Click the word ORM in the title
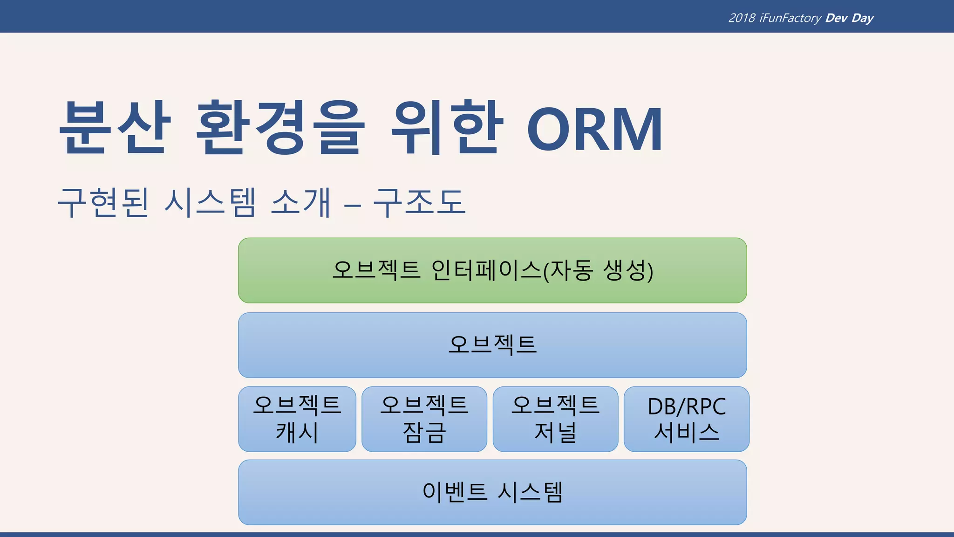594,129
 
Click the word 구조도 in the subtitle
419,203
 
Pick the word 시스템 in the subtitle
210,203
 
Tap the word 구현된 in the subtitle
103,203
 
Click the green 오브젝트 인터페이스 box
492,270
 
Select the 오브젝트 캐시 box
297,419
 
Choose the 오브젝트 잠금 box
424,419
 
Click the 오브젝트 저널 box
555,419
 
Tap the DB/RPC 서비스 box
687,419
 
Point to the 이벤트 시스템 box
492,492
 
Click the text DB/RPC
687,406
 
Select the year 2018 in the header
742,18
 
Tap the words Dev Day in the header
849,18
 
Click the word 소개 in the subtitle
300,203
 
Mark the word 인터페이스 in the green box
486,270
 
